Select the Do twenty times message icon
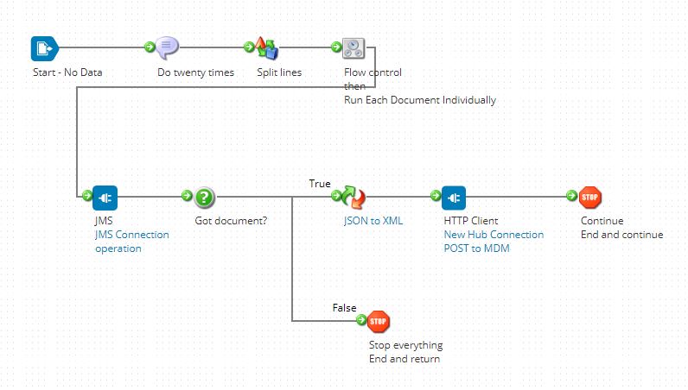[x=168, y=48]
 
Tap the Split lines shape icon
[x=266, y=48]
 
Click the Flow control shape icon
[x=354, y=49]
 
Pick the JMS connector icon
[x=105, y=198]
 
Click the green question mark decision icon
[x=204, y=198]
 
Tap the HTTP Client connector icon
[x=454, y=198]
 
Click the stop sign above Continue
[x=589, y=198]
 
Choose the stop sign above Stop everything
[x=379, y=322]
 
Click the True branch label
[x=320, y=183]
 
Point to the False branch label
[x=344, y=308]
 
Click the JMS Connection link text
[x=131, y=235]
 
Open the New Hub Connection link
[x=494, y=235]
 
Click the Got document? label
[x=231, y=220]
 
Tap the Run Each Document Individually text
[x=420, y=100]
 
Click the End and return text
[x=405, y=359]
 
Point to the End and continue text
[x=621, y=235]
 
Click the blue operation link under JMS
[x=118, y=248]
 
